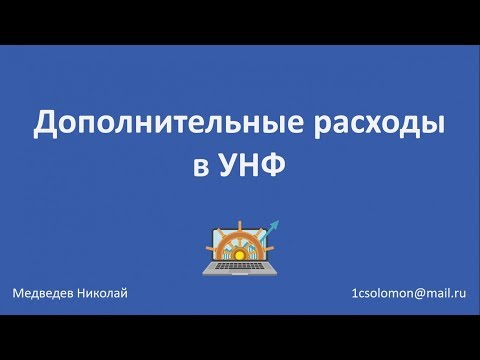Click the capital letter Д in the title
[x=46, y=124]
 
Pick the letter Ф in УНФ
[x=276, y=165]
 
